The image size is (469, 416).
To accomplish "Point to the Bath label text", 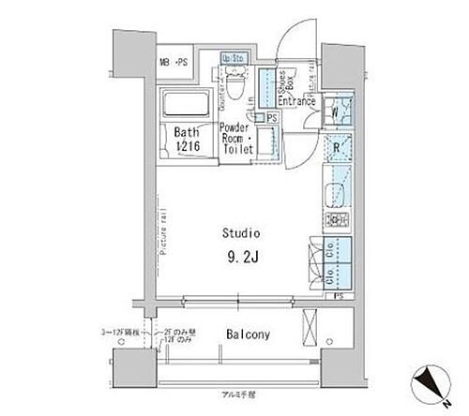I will pyautogui.click(x=185, y=133).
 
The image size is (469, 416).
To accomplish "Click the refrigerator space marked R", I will pyautogui.click(x=337, y=147).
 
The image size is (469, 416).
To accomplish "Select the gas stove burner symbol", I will pyautogui.click(x=336, y=221).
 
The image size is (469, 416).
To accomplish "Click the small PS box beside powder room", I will pyautogui.click(x=272, y=117).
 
